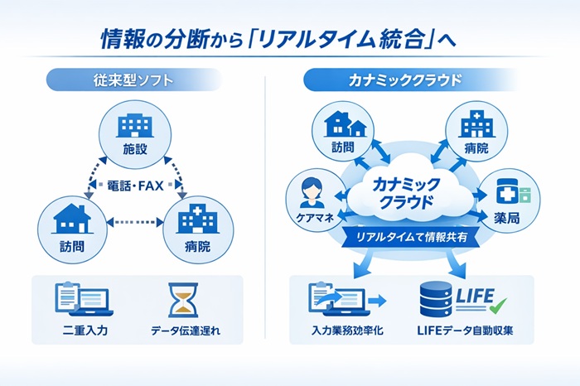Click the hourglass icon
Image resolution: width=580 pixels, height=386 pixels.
click(x=183, y=300)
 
